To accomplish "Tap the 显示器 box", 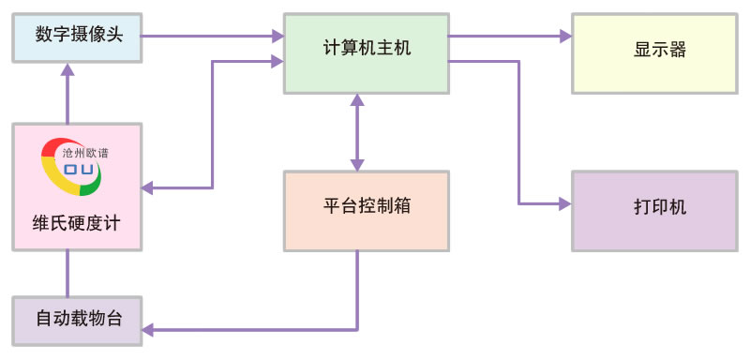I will click(x=653, y=51).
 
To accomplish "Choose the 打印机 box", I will click(x=653, y=208).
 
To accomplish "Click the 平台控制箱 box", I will click(x=367, y=208).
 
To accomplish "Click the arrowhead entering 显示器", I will click(x=565, y=37).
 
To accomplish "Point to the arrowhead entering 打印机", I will click(x=565, y=202).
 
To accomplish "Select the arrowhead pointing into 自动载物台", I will click(x=148, y=329).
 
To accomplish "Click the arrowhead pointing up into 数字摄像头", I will click(x=67, y=69).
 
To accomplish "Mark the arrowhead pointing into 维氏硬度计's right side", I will click(x=148, y=188).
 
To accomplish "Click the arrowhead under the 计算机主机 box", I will click(x=356, y=98).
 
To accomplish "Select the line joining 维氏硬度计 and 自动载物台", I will click(x=67, y=274).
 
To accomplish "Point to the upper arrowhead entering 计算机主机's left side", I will click(x=277, y=37).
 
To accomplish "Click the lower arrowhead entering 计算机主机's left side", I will click(x=277, y=61).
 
